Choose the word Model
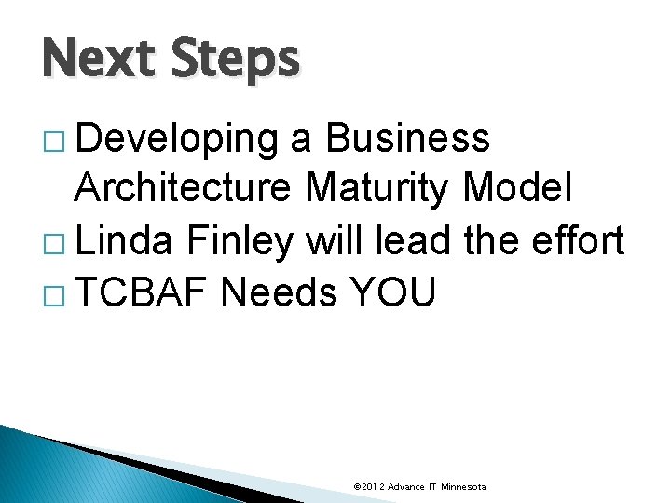point(519,189)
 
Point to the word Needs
point(279,293)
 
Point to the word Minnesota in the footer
point(463,487)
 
